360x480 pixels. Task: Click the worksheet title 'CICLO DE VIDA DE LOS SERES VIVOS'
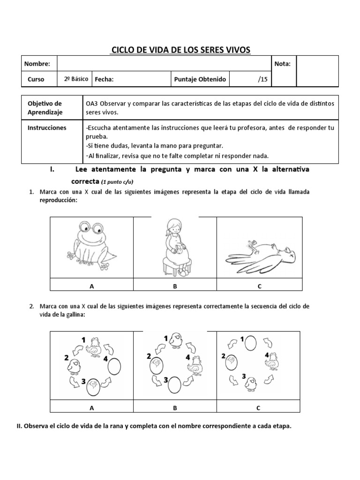180,50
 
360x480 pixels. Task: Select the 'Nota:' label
283,64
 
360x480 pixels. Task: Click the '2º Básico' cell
76,79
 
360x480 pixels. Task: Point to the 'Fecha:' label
105,79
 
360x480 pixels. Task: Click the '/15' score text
262,79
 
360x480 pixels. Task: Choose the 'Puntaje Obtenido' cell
200,79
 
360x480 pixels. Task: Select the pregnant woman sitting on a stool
175,246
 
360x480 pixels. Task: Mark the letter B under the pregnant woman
175,286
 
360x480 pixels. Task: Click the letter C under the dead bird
258,286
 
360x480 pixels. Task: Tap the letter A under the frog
92,286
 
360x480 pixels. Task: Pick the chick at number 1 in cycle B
177,339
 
